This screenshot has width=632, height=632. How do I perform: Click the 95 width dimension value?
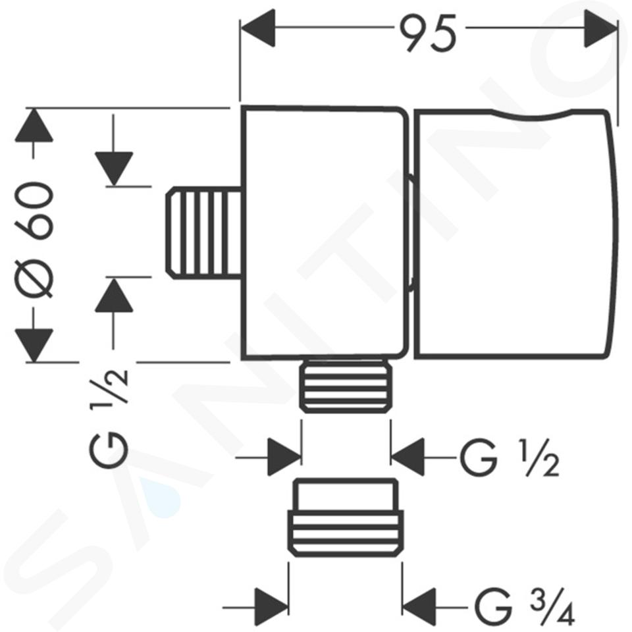(x=428, y=33)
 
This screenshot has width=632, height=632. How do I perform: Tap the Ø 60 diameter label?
(x=36, y=240)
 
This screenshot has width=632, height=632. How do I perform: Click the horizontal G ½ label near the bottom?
(x=509, y=459)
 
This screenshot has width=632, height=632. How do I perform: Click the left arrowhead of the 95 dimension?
(x=257, y=28)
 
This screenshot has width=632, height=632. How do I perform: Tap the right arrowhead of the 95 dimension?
(x=600, y=28)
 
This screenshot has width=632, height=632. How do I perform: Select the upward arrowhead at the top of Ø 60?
(x=34, y=125)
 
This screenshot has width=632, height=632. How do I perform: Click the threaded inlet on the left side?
(x=203, y=232)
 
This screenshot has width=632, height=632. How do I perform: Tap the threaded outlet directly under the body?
(x=346, y=386)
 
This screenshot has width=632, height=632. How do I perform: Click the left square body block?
(x=325, y=233)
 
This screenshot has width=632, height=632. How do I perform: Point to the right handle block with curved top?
(x=516, y=234)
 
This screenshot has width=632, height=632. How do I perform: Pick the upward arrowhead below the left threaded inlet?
(x=114, y=295)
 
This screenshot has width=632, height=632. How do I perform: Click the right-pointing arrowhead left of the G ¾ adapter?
(x=272, y=606)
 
